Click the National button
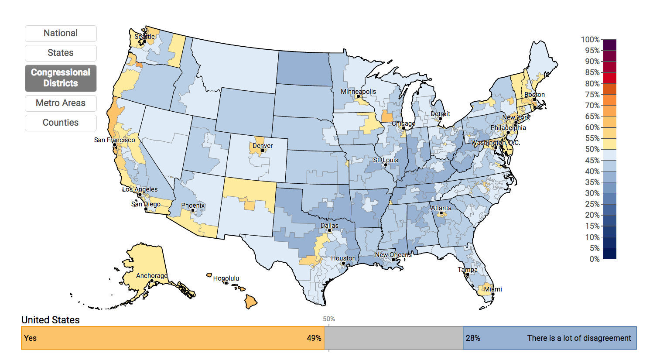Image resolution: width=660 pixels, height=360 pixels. (61, 34)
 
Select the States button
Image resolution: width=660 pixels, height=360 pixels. (61, 53)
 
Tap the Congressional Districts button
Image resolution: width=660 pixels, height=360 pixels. (61, 78)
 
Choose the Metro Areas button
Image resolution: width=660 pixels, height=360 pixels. (61, 103)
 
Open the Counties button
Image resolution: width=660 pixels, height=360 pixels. (61, 123)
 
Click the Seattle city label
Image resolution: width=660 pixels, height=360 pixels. (144, 37)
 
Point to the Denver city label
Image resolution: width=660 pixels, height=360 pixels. (263, 146)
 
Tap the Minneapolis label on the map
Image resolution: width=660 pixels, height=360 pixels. (358, 92)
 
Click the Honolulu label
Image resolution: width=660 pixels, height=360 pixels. (226, 278)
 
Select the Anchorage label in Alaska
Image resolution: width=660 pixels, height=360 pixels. (152, 276)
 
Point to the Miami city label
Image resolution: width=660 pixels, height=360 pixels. (493, 289)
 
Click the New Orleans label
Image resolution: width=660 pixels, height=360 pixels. (393, 255)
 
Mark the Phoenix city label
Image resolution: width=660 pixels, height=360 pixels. (193, 206)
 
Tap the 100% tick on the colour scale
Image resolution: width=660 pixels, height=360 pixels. (590, 40)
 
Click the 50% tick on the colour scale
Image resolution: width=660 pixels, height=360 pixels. (592, 149)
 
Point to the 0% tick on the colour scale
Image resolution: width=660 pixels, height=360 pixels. (594, 259)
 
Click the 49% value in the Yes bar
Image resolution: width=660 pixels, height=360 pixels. (314, 338)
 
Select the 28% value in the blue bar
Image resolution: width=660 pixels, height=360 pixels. (473, 338)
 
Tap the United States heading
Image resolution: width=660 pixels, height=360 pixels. (51, 320)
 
